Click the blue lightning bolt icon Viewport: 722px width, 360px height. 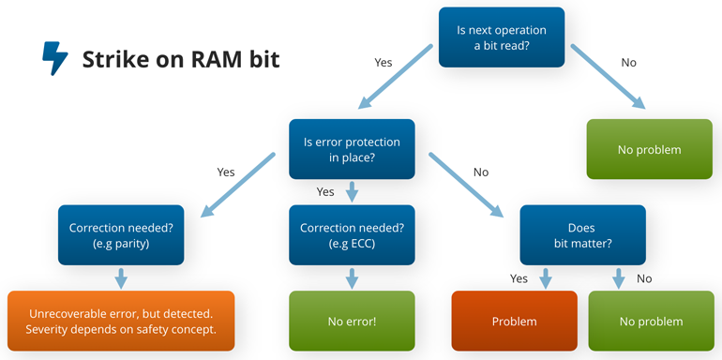55,58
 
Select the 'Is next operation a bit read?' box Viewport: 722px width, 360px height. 502,37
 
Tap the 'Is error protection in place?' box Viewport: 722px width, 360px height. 352,149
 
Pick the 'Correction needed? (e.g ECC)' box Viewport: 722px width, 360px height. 352,234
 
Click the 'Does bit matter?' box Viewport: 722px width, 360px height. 582,234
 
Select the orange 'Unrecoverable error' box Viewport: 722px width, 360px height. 121,322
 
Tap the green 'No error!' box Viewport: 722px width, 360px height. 352,322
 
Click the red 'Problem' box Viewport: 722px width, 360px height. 514,322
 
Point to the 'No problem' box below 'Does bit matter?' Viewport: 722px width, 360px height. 651,322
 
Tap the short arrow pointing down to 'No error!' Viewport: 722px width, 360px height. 352,277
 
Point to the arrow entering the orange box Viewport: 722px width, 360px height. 120,277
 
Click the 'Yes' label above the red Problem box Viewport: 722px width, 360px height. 519,278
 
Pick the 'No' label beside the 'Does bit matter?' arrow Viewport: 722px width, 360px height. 644,278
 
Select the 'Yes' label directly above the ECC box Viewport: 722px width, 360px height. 325,191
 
